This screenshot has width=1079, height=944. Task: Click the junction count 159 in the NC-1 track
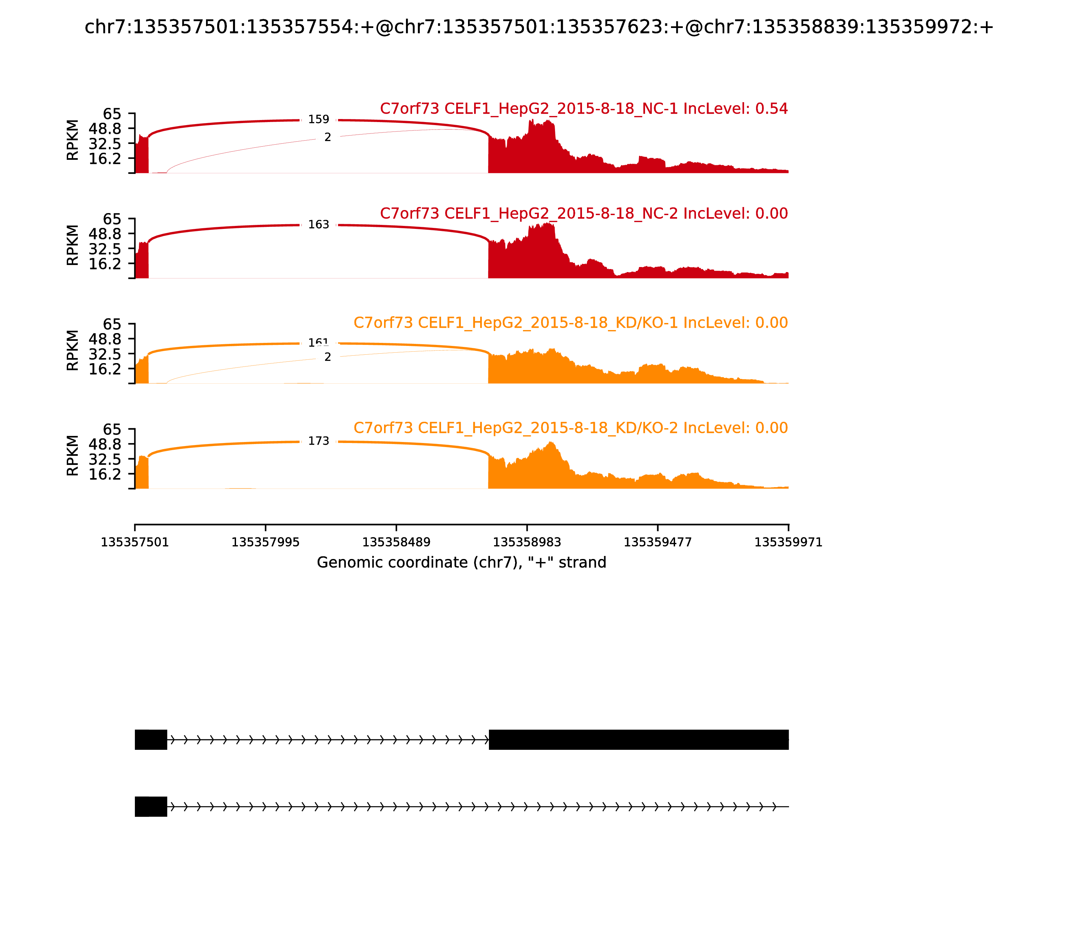point(318,120)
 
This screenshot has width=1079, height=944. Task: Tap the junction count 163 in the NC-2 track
point(318,225)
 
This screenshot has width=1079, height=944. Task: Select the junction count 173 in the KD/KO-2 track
point(318,441)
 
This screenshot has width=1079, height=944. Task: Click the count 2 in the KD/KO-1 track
point(328,357)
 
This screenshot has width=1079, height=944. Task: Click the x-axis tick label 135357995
point(266,542)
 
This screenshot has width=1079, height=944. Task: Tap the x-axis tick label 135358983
point(527,542)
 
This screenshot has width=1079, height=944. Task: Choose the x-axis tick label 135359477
point(658,542)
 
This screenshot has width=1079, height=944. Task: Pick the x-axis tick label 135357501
point(135,542)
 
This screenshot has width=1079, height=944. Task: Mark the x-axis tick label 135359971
point(788,542)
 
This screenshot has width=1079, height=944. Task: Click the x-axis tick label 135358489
point(396,542)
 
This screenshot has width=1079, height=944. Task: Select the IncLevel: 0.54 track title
point(584,109)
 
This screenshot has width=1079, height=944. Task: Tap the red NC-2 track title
point(584,213)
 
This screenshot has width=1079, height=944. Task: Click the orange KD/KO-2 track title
point(571,428)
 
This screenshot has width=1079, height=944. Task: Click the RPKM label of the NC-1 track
point(73,140)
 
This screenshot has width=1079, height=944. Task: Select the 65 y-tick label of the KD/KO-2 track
point(112,429)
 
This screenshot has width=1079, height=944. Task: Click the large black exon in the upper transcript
point(639,740)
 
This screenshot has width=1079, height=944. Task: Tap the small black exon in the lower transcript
point(151,806)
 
